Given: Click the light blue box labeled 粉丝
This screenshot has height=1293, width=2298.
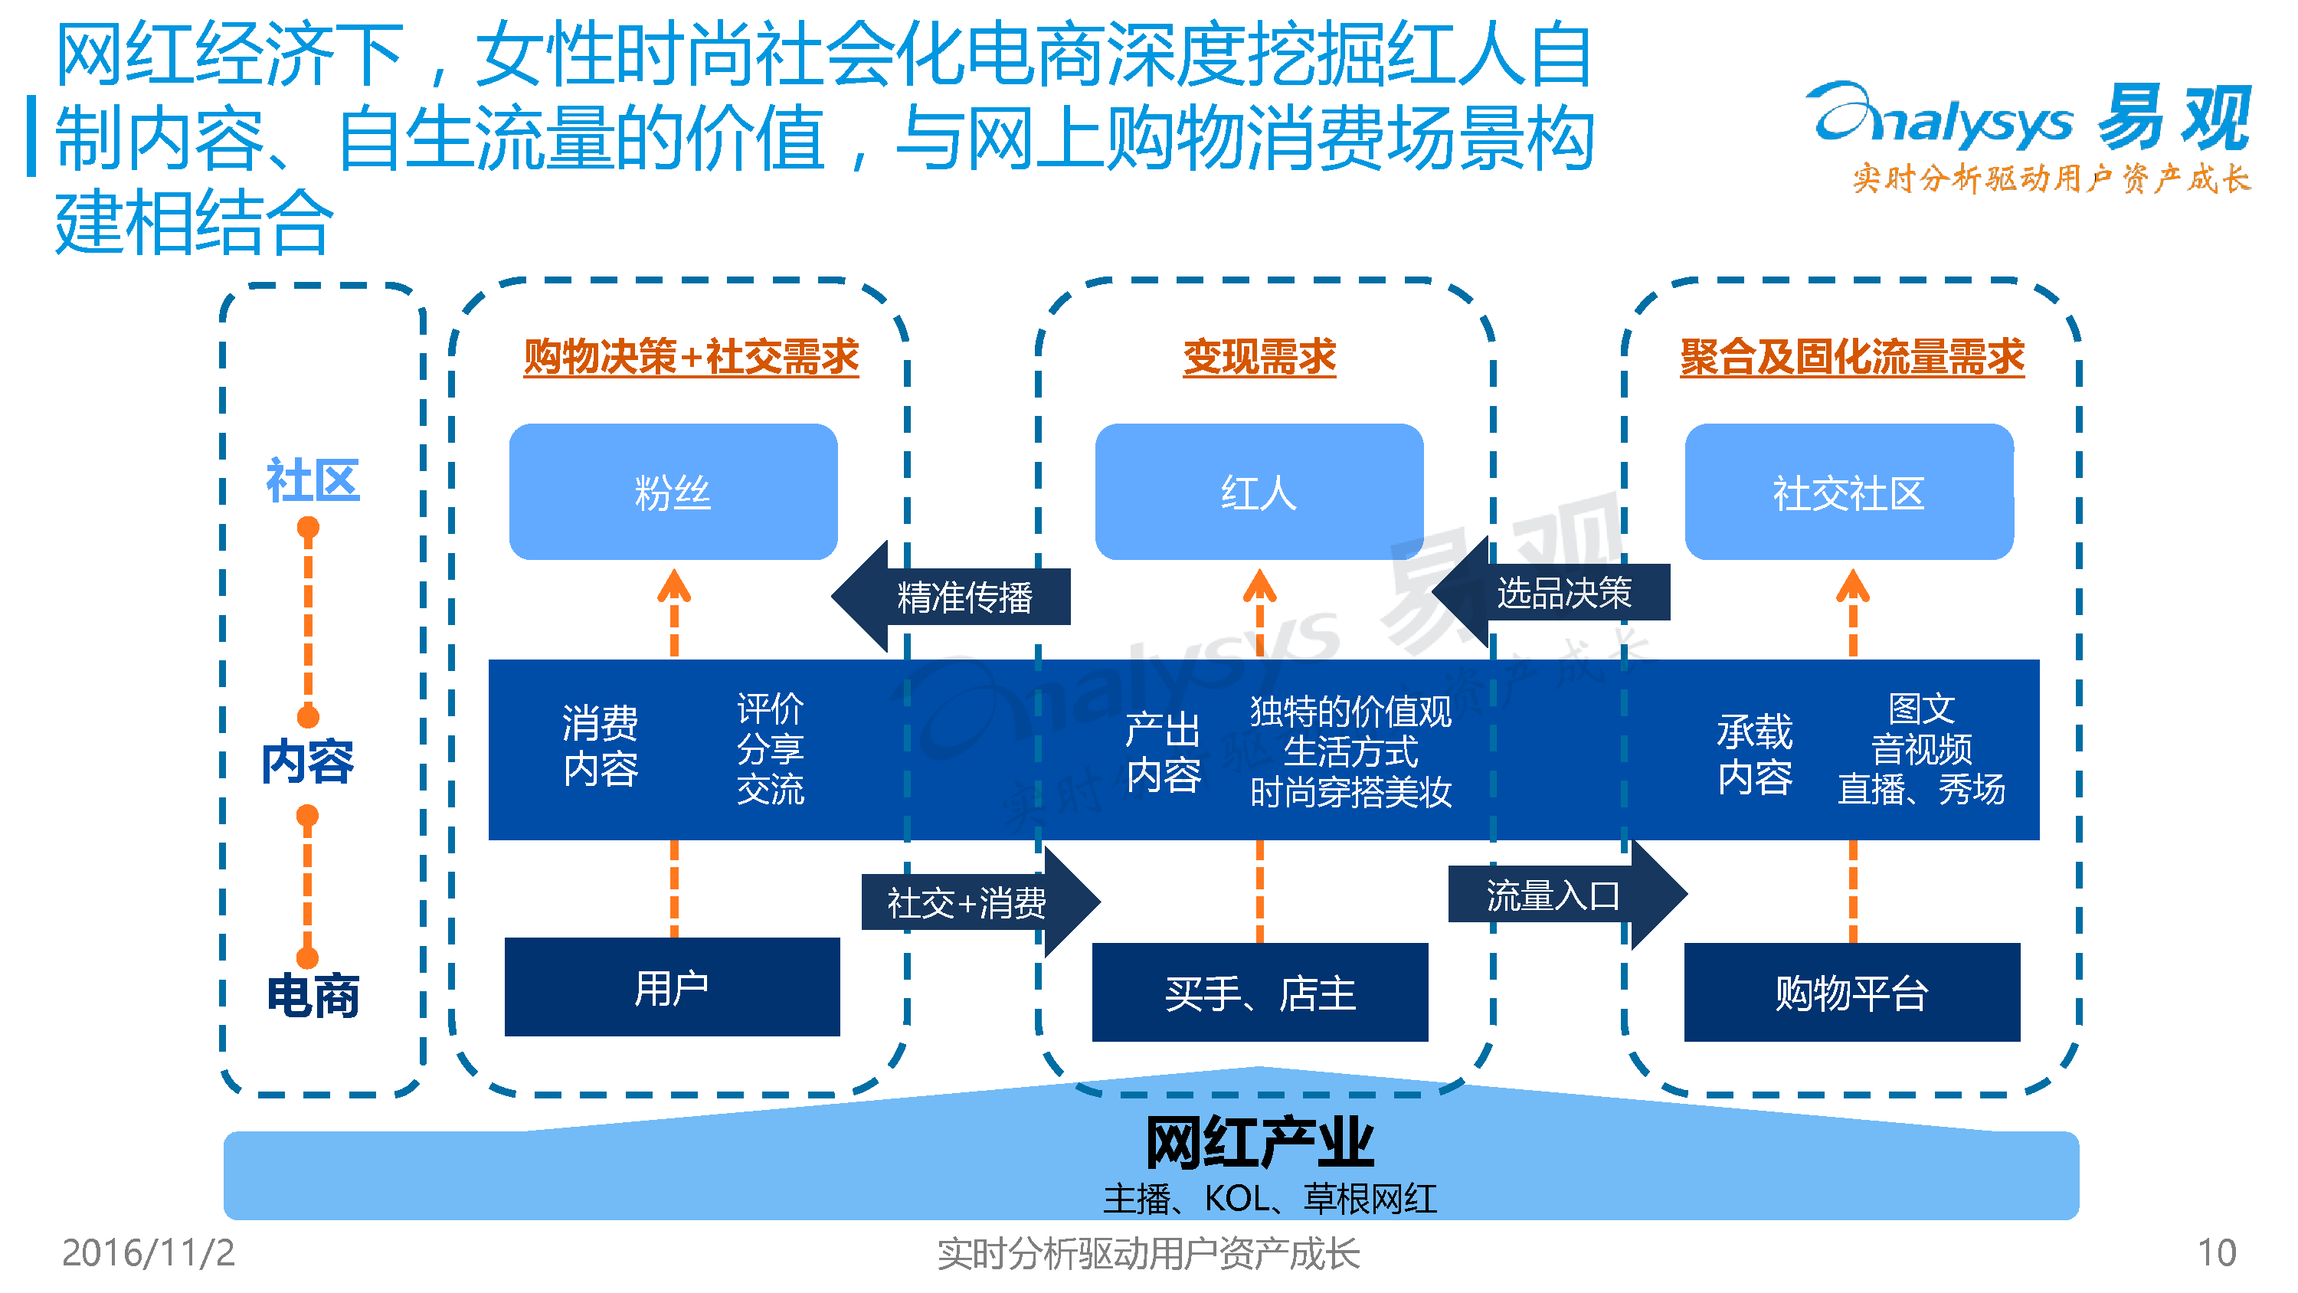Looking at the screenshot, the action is pos(673,492).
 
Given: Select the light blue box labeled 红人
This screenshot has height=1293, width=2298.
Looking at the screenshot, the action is pos(1259,492).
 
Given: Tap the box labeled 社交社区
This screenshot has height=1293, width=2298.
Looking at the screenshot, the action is pos(1848,492).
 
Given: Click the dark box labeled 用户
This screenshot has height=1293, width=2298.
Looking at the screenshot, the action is pos(672,987).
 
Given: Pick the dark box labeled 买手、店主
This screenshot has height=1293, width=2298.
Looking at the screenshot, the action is pos(1259,992).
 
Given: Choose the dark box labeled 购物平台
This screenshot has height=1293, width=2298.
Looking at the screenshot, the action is pos(1852,992).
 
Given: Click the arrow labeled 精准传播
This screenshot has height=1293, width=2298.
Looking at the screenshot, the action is pos(951,596).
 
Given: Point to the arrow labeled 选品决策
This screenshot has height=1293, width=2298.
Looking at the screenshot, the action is pos(1551,591).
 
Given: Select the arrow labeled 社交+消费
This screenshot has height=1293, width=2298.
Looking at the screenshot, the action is pos(980,902).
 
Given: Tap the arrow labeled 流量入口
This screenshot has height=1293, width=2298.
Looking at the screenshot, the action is pos(1567,894).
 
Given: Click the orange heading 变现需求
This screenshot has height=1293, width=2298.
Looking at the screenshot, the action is pos(1259,357).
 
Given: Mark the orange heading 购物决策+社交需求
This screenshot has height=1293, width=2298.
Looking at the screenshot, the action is pos(692,357).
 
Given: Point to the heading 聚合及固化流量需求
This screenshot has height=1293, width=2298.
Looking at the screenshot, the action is pos(1852,357).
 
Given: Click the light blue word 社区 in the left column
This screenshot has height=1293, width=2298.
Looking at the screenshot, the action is pos(313,480).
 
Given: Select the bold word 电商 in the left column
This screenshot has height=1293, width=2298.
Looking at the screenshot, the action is pos(313,995).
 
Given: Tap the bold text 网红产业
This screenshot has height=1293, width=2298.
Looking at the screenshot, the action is pos(1259,1142).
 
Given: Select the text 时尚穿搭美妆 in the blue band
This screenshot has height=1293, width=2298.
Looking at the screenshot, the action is pos(1350,791).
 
